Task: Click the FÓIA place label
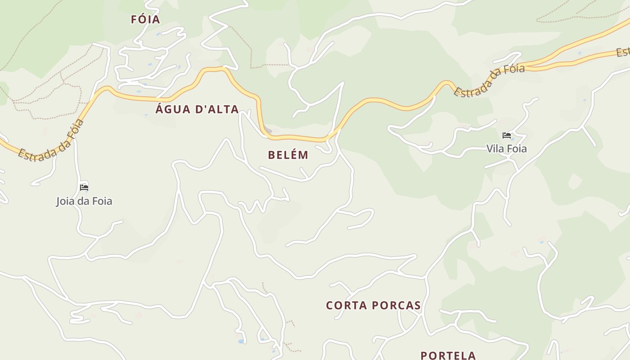(x=145, y=19)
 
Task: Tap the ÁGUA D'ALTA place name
(x=197, y=109)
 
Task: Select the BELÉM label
(x=288, y=155)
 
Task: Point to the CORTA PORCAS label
(x=373, y=306)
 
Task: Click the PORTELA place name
(x=448, y=355)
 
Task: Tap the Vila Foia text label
(x=506, y=148)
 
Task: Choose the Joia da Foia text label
(x=84, y=201)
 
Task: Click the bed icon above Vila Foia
(x=506, y=135)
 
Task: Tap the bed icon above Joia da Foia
(x=84, y=188)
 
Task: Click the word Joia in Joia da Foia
(x=65, y=201)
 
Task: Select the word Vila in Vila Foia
(x=495, y=148)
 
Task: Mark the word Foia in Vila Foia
(x=517, y=148)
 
